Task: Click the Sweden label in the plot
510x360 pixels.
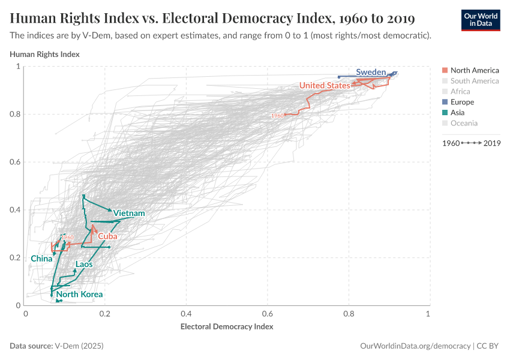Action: coord(371,72)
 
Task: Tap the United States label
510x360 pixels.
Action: coord(325,86)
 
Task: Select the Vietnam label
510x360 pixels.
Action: coord(129,214)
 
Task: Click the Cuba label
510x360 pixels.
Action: coord(107,236)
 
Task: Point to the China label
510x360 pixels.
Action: coord(41,259)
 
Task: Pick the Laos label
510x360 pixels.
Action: coord(84,264)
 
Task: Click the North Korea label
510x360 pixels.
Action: coord(79,295)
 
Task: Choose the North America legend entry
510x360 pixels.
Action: coord(474,70)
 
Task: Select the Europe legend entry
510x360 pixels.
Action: coord(462,102)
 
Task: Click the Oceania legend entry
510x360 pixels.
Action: coord(464,123)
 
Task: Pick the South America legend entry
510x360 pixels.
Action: coord(474,81)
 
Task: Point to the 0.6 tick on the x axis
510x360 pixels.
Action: coord(267,314)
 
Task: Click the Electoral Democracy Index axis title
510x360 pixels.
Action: coord(227,327)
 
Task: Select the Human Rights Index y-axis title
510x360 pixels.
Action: coord(45,55)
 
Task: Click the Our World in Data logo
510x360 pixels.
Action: coord(480,20)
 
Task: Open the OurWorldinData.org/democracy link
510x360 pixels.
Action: coord(415,346)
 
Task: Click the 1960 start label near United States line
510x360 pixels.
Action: coord(277,115)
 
